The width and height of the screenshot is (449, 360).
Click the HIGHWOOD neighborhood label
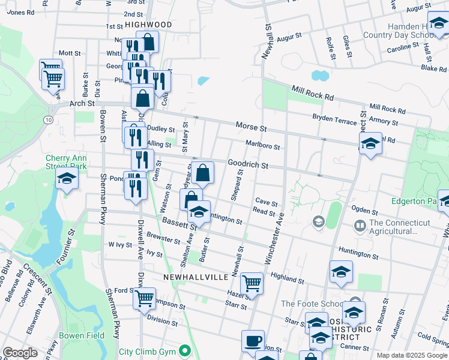coord(148,25)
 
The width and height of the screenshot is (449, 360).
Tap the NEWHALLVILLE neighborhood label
coord(196,277)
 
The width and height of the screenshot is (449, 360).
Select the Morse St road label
coord(251,128)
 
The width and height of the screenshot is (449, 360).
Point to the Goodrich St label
coord(247,164)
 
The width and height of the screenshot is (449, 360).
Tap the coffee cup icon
coord(253,341)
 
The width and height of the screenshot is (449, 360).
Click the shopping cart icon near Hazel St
coord(252,283)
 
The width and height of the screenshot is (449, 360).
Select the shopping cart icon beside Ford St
coord(145,298)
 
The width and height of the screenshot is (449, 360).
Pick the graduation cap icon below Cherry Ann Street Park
coord(67,179)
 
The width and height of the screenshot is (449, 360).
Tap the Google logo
coord(20,353)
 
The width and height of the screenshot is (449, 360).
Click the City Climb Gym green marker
coord(185,351)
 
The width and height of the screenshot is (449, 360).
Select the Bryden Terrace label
coord(334,120)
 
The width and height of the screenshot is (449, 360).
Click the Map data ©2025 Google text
coord(411,355)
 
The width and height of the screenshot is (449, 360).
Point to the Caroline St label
coord(402,47)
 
